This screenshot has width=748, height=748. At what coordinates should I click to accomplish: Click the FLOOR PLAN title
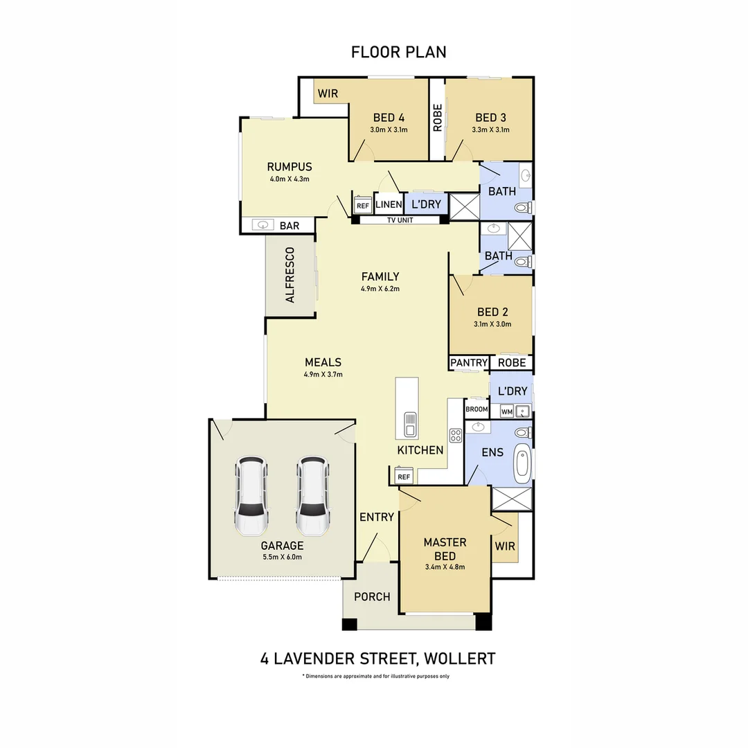[x=399, y=52]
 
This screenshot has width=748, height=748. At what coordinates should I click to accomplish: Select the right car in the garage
[x=312, y=496]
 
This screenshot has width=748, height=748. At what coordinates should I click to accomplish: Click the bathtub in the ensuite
[x=523, y=462]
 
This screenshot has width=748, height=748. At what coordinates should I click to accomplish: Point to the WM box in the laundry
[x=506, y=411]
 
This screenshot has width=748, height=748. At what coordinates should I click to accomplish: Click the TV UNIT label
[x=400, y=220]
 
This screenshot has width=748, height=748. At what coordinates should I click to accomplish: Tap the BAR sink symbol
[x=262, y=224]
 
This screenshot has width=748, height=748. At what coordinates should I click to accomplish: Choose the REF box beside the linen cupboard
[x=362, y=206]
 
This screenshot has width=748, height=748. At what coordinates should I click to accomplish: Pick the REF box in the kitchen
[x=404, y=477]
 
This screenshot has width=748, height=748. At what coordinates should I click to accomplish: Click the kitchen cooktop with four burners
[x=455, y=435]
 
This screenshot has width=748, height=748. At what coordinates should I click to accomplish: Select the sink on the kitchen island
[x=410, y=424]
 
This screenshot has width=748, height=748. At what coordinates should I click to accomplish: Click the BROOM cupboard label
[x=477, y=409]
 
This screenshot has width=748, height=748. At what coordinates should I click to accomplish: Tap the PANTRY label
[x=468, y=362]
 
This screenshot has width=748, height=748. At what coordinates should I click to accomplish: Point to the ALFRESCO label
[x=290, y=275]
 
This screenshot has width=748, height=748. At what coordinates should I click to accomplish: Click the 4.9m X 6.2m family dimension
[x=380, y=289]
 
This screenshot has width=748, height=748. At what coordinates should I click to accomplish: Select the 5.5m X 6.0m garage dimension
[x=283, y=557]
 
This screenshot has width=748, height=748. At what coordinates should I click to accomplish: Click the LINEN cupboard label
[x=389, y=204]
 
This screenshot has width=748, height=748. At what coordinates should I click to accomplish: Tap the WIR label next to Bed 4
[x=328, y=93]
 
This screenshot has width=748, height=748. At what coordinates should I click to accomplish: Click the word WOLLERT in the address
[x=460, y=659]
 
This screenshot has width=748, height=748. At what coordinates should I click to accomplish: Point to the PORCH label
[x=372, y=597]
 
